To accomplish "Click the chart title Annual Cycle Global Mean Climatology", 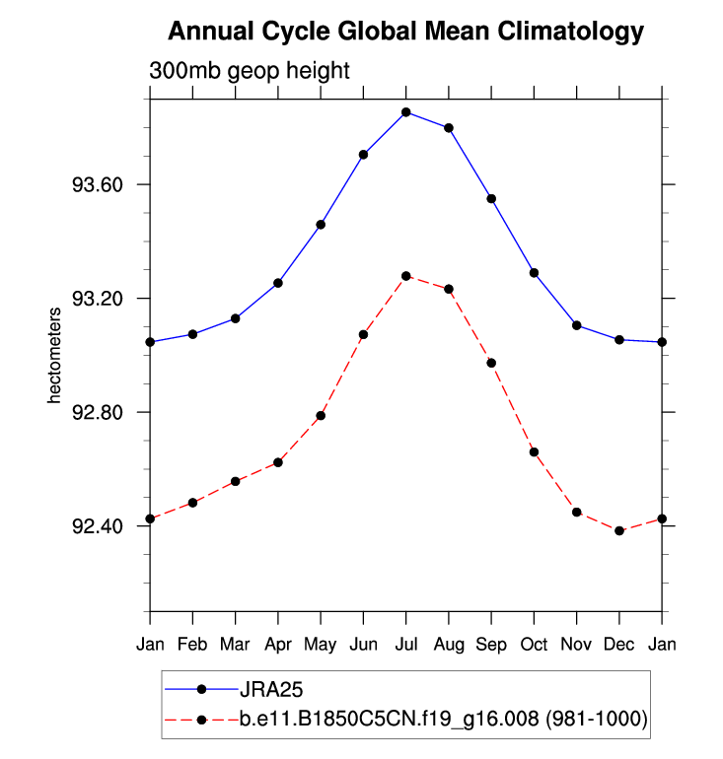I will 405,32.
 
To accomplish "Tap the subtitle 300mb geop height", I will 250,72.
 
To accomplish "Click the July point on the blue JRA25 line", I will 405,112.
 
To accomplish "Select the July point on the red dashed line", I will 405,276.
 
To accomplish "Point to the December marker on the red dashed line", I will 619,530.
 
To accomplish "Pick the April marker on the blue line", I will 278,283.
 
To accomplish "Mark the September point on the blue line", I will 491,199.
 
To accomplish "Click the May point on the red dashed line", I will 321,415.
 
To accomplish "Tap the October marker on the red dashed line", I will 534,451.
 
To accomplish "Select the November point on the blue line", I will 577,325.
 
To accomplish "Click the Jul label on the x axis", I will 405,645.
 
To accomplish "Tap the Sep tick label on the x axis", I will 491,645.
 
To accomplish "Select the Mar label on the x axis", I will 235,645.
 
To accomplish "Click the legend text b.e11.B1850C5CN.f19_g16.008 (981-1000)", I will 443,720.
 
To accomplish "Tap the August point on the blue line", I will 449,128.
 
